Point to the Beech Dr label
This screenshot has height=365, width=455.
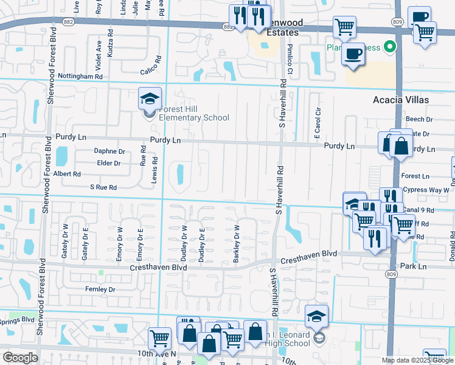click(418, 120)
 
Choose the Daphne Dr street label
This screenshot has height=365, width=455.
click(109, 151)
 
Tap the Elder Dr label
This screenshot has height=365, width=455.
click(109, 163)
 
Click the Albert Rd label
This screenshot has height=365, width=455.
click(68, 174)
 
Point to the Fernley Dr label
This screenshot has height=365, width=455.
click(100, 290)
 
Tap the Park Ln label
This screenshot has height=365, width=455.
click(414, 266)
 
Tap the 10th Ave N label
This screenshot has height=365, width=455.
click(156, 353)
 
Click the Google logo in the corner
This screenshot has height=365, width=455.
click(19, 358)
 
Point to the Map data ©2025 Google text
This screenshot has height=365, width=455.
click(417, 360)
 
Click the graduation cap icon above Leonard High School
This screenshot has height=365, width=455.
click(317, 316)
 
